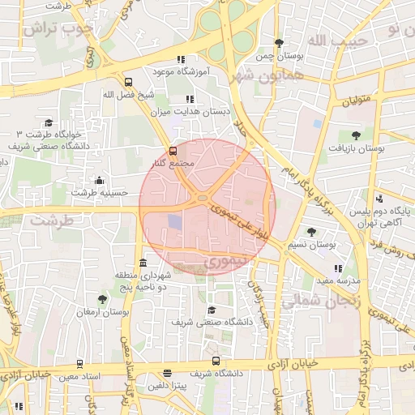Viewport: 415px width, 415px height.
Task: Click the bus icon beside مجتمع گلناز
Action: pos(172,151)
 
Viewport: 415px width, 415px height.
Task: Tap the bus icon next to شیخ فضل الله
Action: pos(127,82)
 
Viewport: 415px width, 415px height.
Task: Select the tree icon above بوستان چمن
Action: pos(280,43)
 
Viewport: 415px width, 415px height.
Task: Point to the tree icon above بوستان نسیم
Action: pos(312,232)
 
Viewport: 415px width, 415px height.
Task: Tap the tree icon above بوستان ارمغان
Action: pos(101,299)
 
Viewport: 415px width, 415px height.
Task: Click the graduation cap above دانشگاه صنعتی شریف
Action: pos(212,310)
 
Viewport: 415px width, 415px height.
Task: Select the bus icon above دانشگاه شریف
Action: pos(215,362)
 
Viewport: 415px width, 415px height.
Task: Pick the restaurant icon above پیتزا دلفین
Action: pos(167,374)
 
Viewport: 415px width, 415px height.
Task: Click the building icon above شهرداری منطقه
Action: pos(143,263)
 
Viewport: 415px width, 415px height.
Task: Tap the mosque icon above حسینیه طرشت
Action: pos(99,180)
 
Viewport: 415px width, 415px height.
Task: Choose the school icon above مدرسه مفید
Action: pos(338,268)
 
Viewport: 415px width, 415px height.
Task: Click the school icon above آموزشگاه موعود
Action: pos(181,59)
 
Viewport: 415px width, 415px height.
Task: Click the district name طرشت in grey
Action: pos(53,220)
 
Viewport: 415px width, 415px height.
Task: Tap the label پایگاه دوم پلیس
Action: pos(383,212)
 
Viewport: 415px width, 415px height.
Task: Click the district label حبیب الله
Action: pos(332,39)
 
